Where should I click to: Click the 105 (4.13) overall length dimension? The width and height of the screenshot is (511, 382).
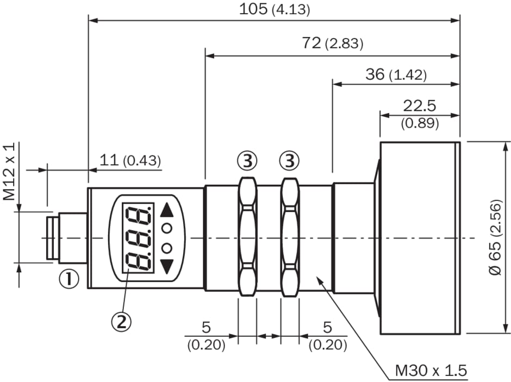pos(275,9)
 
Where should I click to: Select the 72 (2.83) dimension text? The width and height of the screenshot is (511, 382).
pos(332,43)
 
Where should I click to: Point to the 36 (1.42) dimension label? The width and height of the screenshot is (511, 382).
pos(396,74)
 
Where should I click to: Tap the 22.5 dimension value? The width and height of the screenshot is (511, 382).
pos(420,106)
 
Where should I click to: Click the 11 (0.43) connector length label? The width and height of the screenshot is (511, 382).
pos(130,160)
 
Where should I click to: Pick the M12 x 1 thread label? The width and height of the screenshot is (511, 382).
pos(9,172)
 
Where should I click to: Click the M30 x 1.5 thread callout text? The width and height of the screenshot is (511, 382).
pos(431,371)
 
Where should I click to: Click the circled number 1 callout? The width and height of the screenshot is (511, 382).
pos(68,279)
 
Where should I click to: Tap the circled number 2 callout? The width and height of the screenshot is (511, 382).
pos(121,322)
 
